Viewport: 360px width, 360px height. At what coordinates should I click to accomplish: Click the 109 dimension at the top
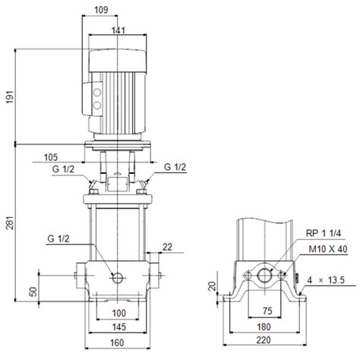coord(101,10)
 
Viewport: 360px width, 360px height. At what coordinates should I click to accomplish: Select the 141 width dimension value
coord(118,30)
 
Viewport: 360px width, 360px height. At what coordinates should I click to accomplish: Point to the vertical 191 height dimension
coord(10,96)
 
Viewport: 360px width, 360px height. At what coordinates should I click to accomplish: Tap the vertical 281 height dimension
coord(10,223)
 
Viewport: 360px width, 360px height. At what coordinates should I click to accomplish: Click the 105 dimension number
coord(51,157)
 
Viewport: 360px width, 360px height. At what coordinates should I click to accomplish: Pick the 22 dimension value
coord(167,247)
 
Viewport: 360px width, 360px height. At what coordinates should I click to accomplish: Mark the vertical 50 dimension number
coord(33,292)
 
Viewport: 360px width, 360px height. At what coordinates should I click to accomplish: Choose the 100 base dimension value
coord(119,313)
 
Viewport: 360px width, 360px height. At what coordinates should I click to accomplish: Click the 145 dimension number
coord(119,327)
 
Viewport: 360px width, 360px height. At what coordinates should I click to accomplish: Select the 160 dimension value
coord(117,343)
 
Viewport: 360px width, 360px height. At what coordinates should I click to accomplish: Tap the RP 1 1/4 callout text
coord(324,233)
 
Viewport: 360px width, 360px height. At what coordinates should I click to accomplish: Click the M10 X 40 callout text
coord(328,249)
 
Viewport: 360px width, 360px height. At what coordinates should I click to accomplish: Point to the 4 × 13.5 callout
coord(326,280)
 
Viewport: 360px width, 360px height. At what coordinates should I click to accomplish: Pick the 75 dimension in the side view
coord(267,311)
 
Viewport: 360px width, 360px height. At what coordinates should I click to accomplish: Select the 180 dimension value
coord(264,327)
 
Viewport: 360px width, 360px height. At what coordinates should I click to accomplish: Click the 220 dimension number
coord(264,340)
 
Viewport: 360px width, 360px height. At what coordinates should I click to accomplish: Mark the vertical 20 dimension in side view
coord(213,286)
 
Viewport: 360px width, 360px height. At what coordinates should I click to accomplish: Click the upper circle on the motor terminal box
coord(97,93)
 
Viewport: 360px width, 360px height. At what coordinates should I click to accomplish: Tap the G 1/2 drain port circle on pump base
coord(118,278)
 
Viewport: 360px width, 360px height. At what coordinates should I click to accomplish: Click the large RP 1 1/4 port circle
coord(264,276)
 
